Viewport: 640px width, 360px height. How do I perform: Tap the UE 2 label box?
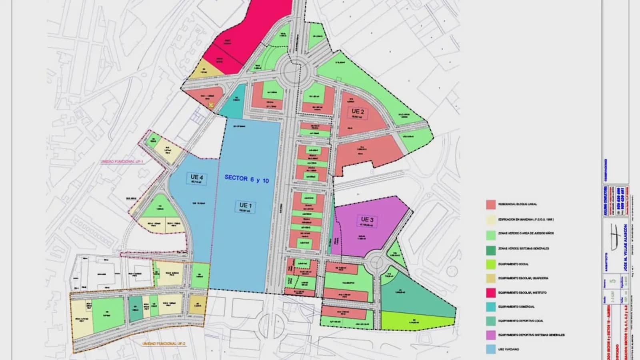357,113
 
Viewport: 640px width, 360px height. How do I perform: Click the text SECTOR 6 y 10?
246,179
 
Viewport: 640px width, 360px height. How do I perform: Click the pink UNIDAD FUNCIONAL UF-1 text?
122,162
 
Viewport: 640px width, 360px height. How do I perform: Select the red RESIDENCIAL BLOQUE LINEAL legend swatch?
491,204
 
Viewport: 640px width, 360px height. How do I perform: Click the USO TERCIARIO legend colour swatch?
491,349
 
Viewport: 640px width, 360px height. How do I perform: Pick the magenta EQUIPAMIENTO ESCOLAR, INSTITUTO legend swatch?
491,293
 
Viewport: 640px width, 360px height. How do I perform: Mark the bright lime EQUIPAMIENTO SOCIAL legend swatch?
491,264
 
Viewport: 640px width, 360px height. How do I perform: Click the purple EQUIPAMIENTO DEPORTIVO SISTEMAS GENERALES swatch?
491,335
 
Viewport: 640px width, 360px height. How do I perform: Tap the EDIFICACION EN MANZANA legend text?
526,220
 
